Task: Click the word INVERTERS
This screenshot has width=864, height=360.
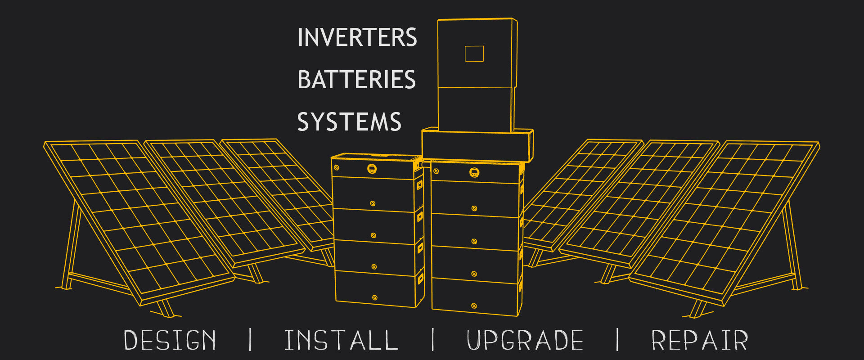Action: pyautogui.click(x=357, y=37)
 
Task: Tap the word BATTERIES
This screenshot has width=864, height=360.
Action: pyautogui.click(x=356, y=80)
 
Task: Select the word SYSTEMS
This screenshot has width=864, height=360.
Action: pyautogui.click(x=349, y=122)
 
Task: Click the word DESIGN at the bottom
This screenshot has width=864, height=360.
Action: pyautogui.click(x=170, y=340)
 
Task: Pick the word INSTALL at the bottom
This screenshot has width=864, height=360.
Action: pyautogui.click(x=341, y=340)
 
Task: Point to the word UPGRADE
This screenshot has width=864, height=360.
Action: pyautogui.click(x=525, y=340)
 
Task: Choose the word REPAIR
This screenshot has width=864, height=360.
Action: pyautogui.click(x=699, y=340)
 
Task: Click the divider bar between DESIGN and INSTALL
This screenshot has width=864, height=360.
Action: pyautogui.click(x=250, y=340)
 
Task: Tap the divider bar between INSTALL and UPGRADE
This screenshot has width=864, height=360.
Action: pyautogui.click(x=433, y=340)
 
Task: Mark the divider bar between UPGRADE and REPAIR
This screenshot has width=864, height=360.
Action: pyautogui.click(x=617, y=340)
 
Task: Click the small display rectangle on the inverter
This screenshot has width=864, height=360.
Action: pyautogui.click(x=474, y=54)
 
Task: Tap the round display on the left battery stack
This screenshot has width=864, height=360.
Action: pyautogui.click(x=372, y=169)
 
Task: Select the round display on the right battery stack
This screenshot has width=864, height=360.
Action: pyautogui.click(x=474, y=172)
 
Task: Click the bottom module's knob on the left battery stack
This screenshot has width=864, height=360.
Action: pyautogui.click(x=374, y=297)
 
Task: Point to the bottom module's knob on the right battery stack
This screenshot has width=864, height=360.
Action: pyautogui.click(x=474, y=306)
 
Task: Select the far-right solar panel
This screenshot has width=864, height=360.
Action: pyautogui.click(x=724, y=216)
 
